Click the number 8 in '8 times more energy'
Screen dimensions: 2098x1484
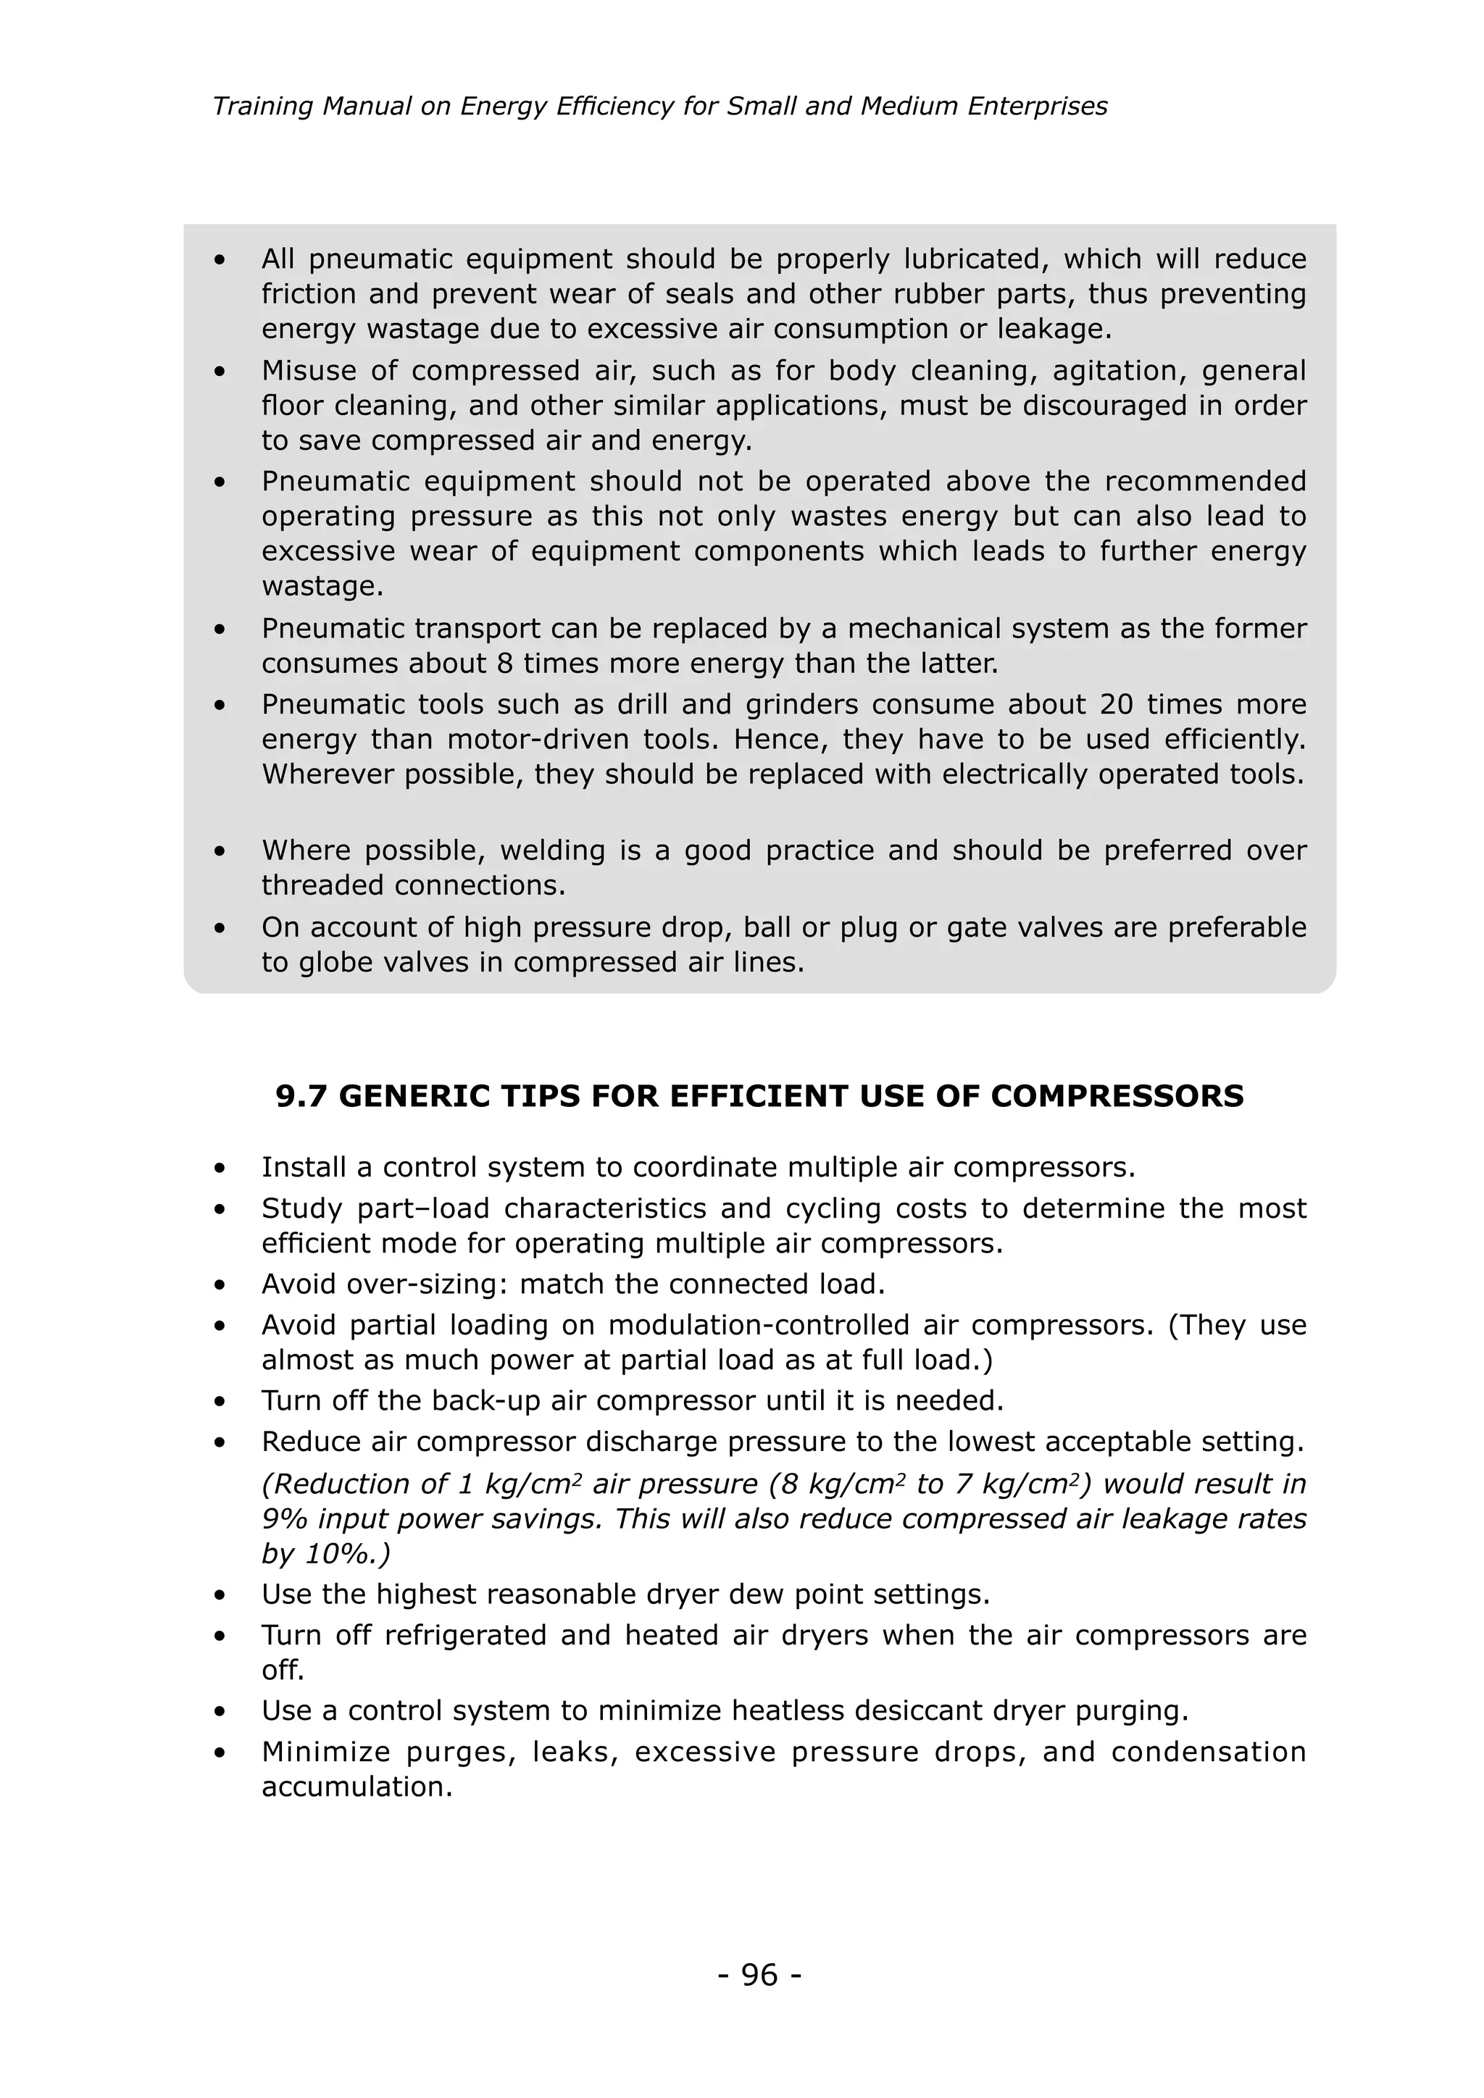click(504, 664)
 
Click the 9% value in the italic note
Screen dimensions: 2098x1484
click(285, 1518)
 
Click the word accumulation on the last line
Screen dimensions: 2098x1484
click(357, 1786)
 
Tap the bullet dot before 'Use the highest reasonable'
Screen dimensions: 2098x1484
click(220, 1595)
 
